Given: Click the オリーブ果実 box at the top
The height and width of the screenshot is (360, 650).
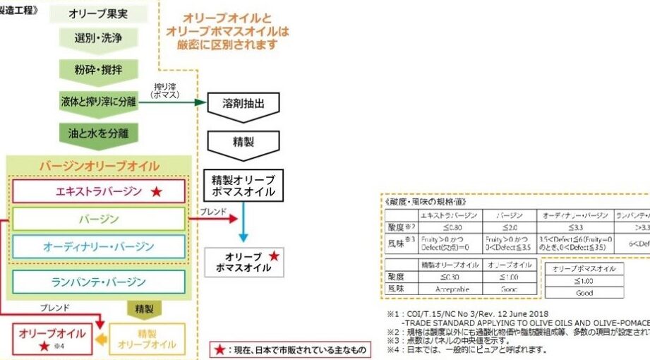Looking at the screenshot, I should click(x=99, y=14).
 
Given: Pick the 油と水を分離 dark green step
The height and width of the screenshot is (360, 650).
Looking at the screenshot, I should click(x=99, y=133).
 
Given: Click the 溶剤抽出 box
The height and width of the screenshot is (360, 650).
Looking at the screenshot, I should click(x=243, y=103).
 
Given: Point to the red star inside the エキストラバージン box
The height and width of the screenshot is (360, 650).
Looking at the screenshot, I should click(x=157, y=191).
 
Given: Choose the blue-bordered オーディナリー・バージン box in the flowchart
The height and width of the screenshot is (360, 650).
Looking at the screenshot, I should click(x=99, y=246).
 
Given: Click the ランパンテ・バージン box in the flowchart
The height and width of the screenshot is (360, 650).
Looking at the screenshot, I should click(x=99, y=282).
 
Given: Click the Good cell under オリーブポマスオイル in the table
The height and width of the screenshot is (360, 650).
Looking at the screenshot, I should click(x=584, y=292).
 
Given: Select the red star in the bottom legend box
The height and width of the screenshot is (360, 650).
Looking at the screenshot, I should click(x=222, y=349).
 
